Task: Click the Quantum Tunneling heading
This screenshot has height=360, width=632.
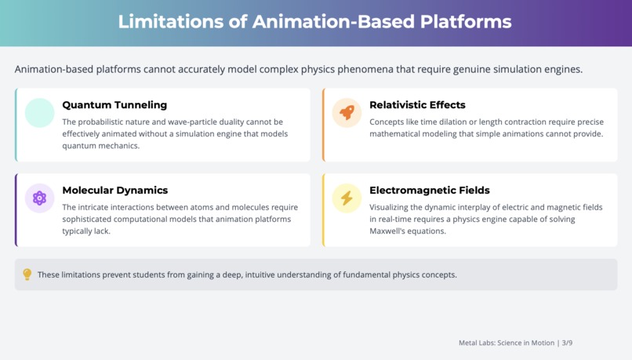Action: pyautogui.click(x=114, y=105)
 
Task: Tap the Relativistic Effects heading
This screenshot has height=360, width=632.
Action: pyautogui.click(x=417, y=105)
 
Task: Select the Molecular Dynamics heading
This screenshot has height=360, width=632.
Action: pyautogui.click(x=114, y=191)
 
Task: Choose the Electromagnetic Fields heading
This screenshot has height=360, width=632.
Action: pyautogui.click(x=429, y=191)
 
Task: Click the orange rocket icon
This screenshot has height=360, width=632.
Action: pyautogui.click(x=347, y=112)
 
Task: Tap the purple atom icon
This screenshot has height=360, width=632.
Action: pyautogui.click(x=39, y=198)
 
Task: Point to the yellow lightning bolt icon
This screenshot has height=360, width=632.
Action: pyautogui.click(x=347, y=198)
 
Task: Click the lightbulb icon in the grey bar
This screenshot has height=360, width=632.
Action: pyautogui.click(x=27, y=275)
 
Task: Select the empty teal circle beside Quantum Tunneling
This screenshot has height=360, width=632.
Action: pyautogui.click(x=39, y=112)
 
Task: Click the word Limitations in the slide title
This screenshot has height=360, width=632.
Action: pyautogui.click(x=170, y=21)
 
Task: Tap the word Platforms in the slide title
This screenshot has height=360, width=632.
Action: pyautogui.click(x=466, y=21)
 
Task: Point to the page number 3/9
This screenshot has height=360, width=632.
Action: pyautogui.click(x=567, y=343)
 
